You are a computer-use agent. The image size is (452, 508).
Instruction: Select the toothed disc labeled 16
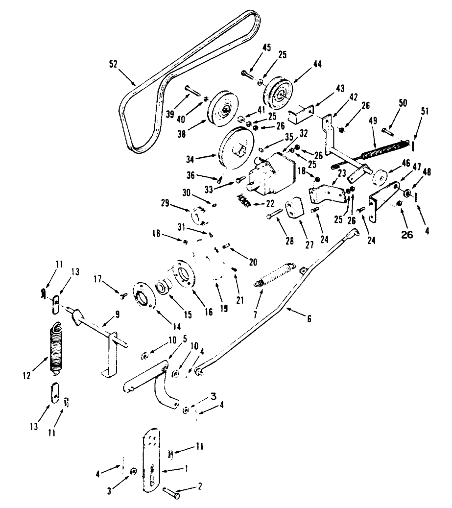[x=184, y=277]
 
